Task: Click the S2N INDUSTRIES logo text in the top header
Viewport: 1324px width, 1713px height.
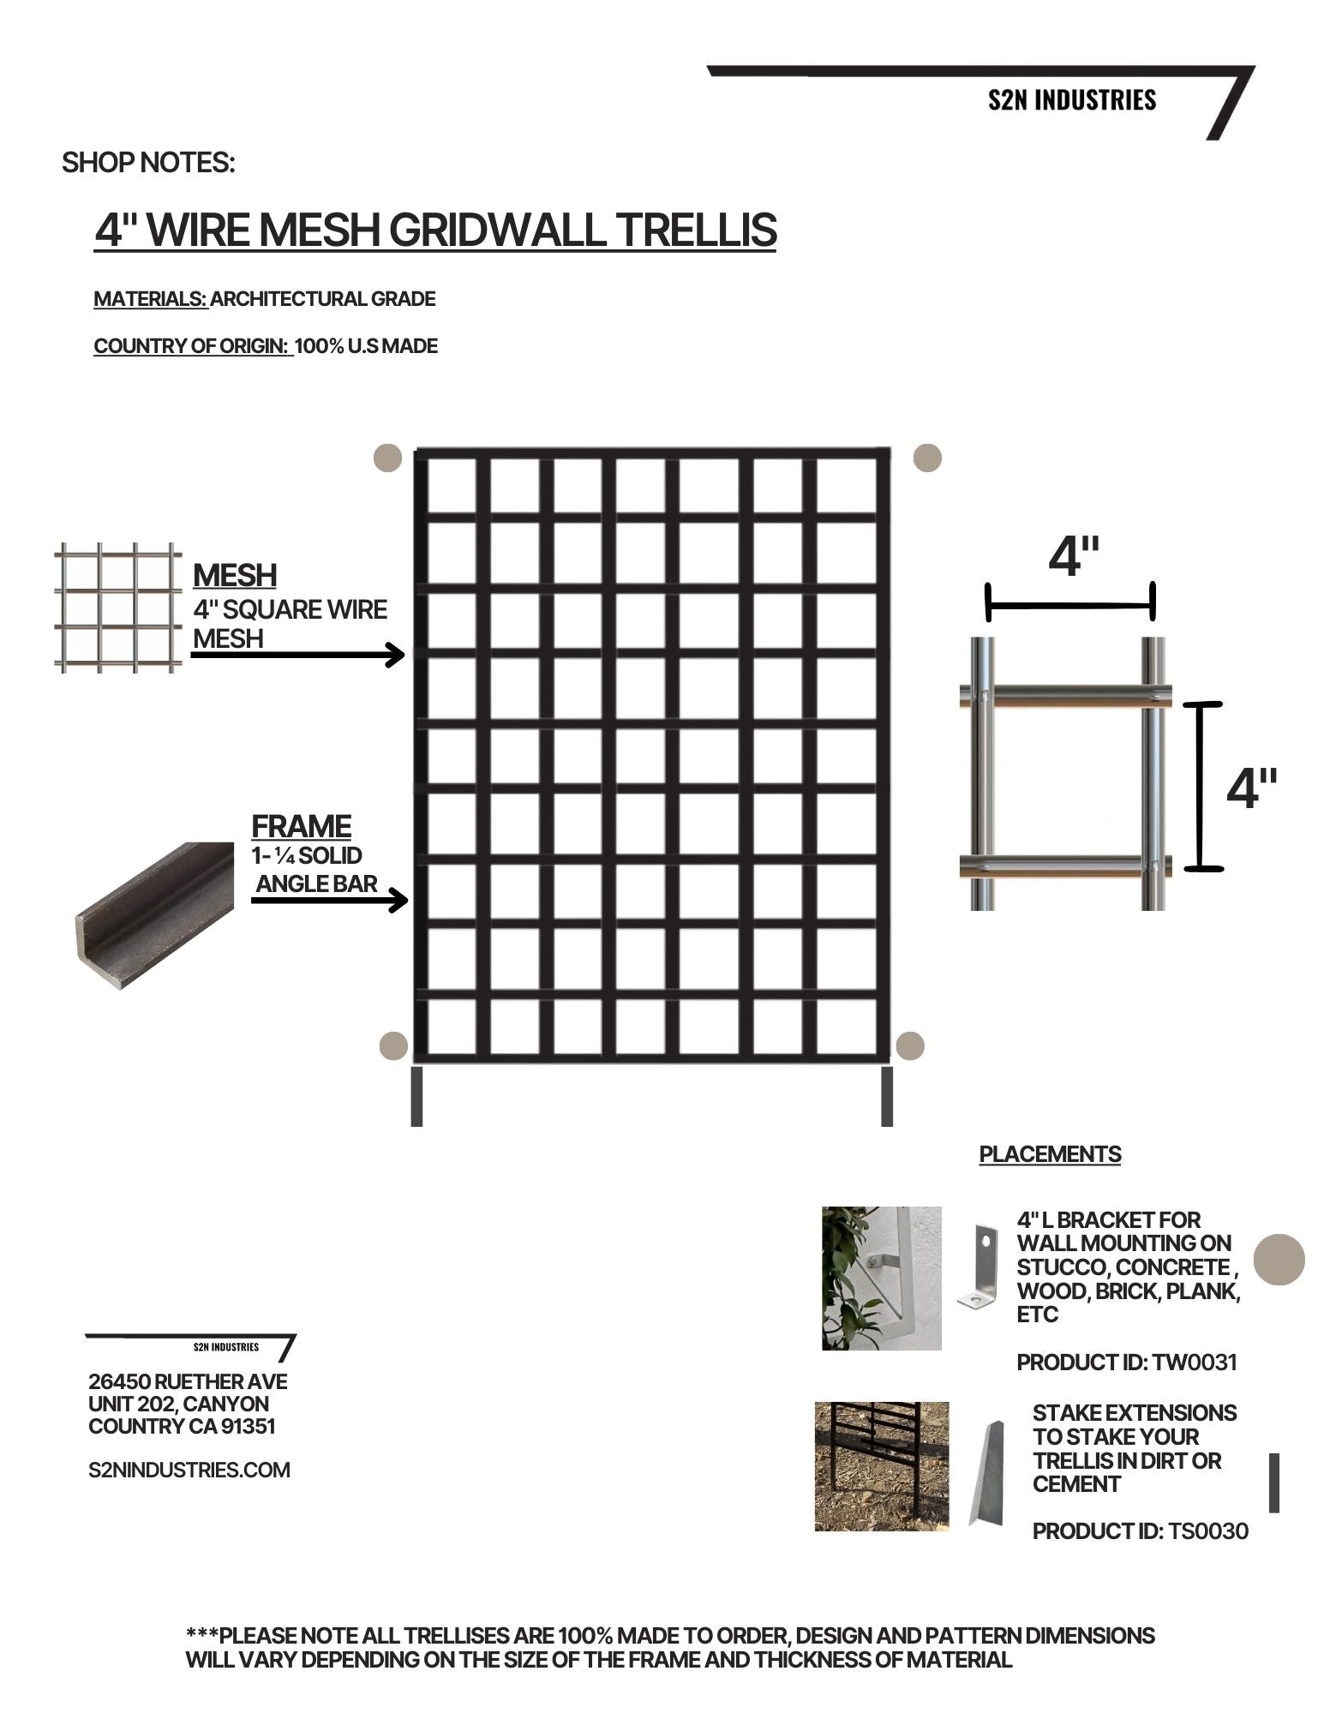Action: coord(1071,100)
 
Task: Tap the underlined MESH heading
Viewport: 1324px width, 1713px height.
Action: coord(235,575)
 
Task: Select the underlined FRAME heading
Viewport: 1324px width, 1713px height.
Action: coord(302,826)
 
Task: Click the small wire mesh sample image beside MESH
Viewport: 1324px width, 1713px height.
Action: coord(118,607)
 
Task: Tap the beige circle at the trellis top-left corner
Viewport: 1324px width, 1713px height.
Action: coord(388,458)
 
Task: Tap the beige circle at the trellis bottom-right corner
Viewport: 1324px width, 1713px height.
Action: coord(909,1045)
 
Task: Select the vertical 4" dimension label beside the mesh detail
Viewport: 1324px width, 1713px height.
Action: coord(1251,788)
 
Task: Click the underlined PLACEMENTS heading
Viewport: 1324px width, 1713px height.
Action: coord(1050,1154)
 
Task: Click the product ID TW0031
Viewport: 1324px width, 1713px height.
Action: coord(1195,1362)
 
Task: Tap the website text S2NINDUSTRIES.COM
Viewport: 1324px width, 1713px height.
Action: coord(189,1470)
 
